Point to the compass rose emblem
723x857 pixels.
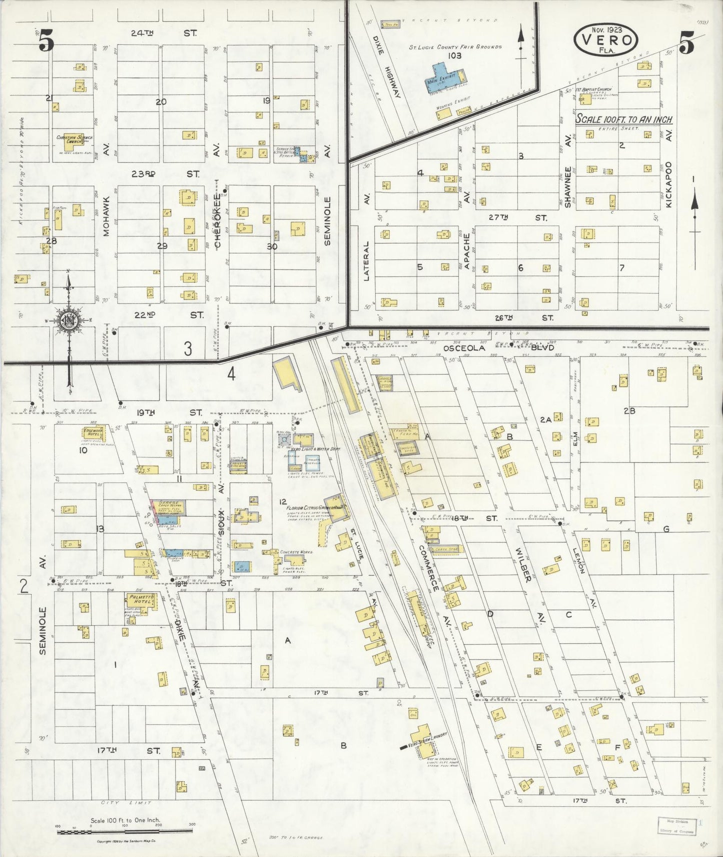click(69, 321)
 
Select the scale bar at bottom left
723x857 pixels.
click(125, 831)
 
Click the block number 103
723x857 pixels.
click(454, 55)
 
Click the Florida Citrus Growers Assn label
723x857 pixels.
click(314, 506)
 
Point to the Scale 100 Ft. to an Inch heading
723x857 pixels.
click(623, 119)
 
